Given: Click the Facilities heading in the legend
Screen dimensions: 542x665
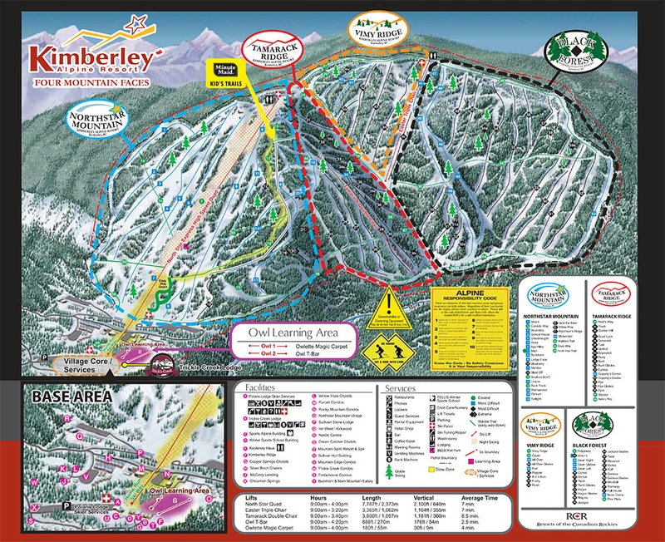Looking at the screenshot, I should [x=266, y=387].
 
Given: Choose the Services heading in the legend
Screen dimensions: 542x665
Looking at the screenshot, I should [x=401, y=387].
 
